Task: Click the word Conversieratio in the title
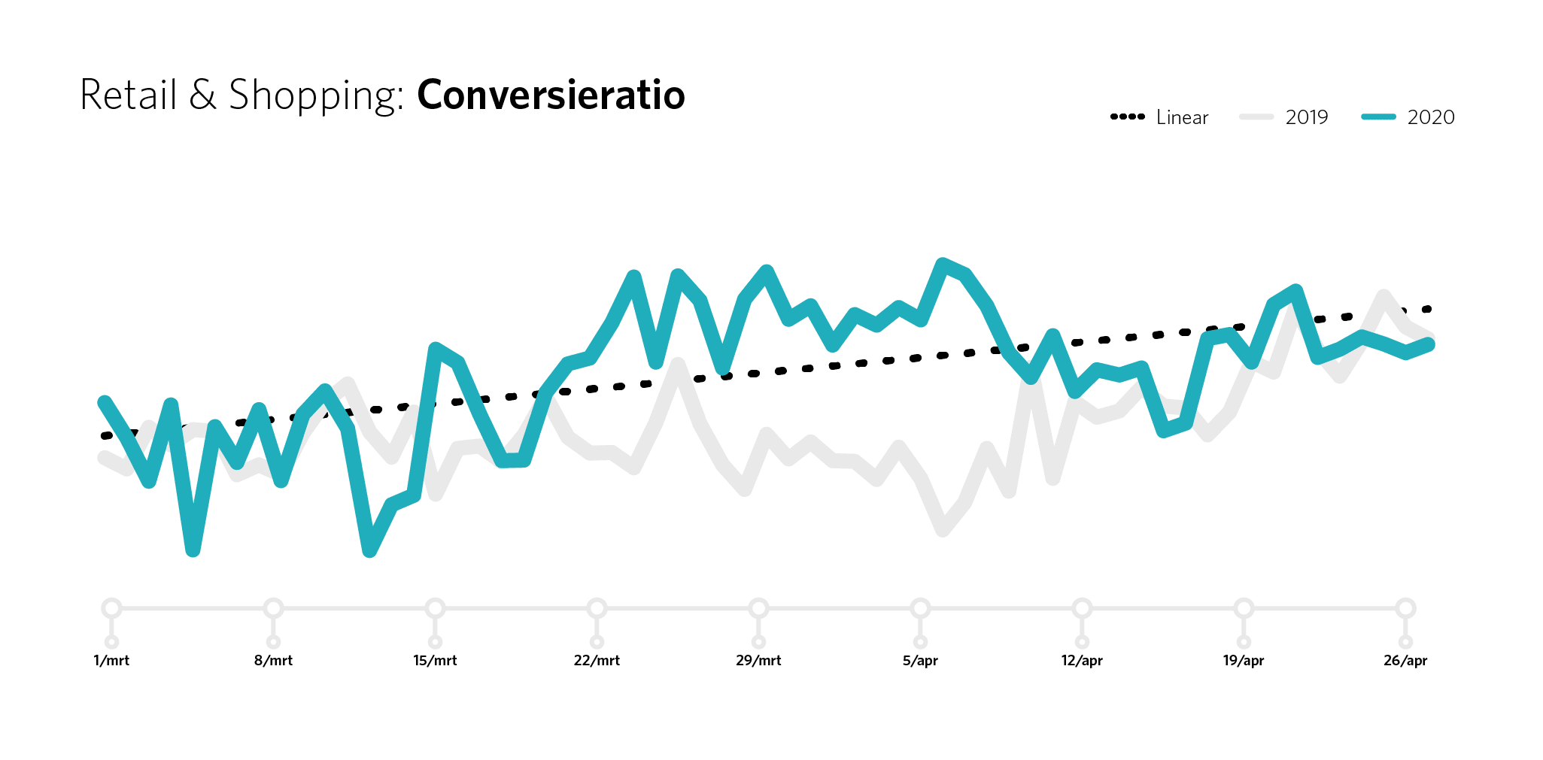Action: [x=551, y=95]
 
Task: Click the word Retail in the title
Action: [x=128, y=95]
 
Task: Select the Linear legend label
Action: [x=1182, y=117]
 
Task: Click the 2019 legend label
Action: [x=1307, y=117]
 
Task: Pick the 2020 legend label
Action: [x=1431, y=117]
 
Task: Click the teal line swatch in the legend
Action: [x=1378, y=117]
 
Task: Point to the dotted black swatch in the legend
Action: [x=1128, y=117]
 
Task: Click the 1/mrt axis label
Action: [x=111, y=661]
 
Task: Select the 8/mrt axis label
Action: [x=273, y=661]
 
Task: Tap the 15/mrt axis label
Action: [x=435, y=661]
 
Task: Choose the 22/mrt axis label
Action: [x=597, y=661]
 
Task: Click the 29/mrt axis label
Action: [x=758, y=661]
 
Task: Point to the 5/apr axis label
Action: [x=920, y=661]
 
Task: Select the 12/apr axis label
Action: [x=1082, y=661]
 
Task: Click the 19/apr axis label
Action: [x=1244, y=661]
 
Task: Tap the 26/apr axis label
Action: [x=1405, y=661]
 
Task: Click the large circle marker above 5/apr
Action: [x=920, y=608]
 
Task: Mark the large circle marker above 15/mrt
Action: [x=435, y=608]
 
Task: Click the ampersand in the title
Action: [x=202, y=95]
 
